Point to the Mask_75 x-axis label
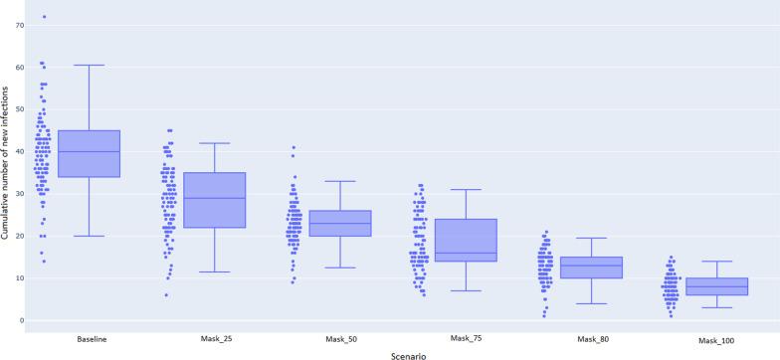click(466, 339)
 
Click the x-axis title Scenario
click(402, 353)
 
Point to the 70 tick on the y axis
click(20, 24)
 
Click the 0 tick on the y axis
click(22, 320)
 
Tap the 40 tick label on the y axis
click(20, 151)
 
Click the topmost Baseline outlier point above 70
click(44, 16)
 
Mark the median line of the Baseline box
click(90, 151)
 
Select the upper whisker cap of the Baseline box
click(90, 65)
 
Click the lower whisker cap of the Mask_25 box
click(215, 271)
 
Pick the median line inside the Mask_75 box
click(466, 253)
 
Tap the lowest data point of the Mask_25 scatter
click(167, 295)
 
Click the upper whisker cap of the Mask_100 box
click(717, 262)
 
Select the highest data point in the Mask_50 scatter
click(293, 147)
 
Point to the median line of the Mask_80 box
click(591, 266)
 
